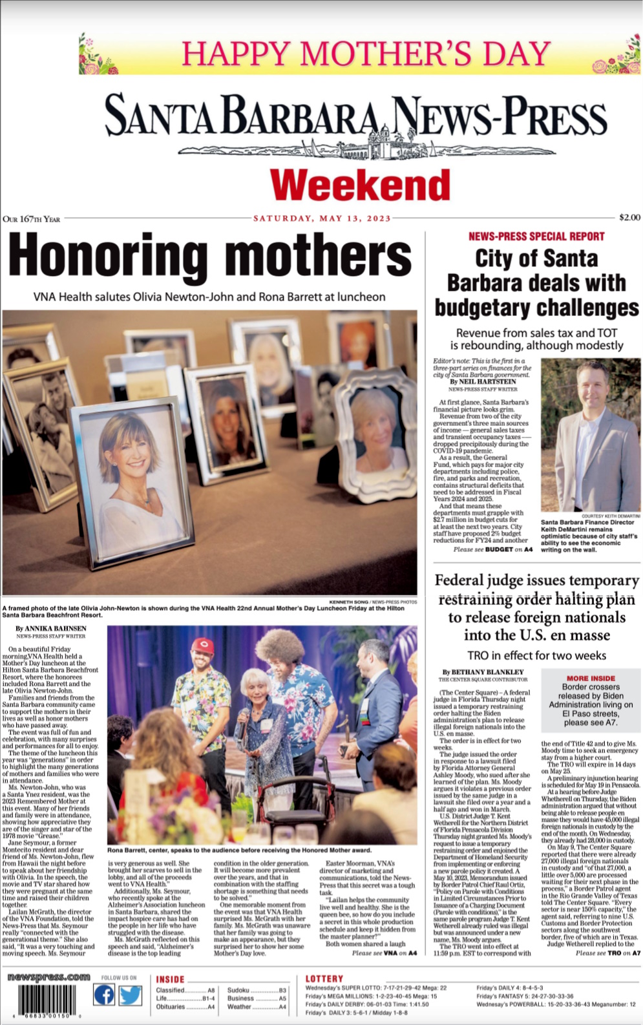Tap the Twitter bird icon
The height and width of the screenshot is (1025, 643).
pyautogui.click(x=130, y=995)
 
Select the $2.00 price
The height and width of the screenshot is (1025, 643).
pyautogui.click(x=629, y=217)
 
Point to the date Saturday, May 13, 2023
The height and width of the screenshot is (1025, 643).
pyautogui.click(x=322, y=218)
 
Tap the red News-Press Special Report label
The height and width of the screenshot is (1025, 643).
pyautogui.click(x=536, y=237)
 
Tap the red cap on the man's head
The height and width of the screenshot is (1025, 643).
pyautogui.click(x=203, y=644)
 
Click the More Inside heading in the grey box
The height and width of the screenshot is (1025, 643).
pyautogui.click(x=591, y=678)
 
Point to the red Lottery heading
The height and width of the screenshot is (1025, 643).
pyautogui.click(x=324, y=978)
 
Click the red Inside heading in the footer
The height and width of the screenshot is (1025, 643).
pyautogui.click(x=170, y=979)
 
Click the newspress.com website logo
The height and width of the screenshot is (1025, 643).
pyautogui.click(x=48, y=977)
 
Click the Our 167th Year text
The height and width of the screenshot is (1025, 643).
pyautogui.click(x=31, y=219)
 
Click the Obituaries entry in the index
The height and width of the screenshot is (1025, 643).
pyautogui.click(x=171, y=1007)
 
